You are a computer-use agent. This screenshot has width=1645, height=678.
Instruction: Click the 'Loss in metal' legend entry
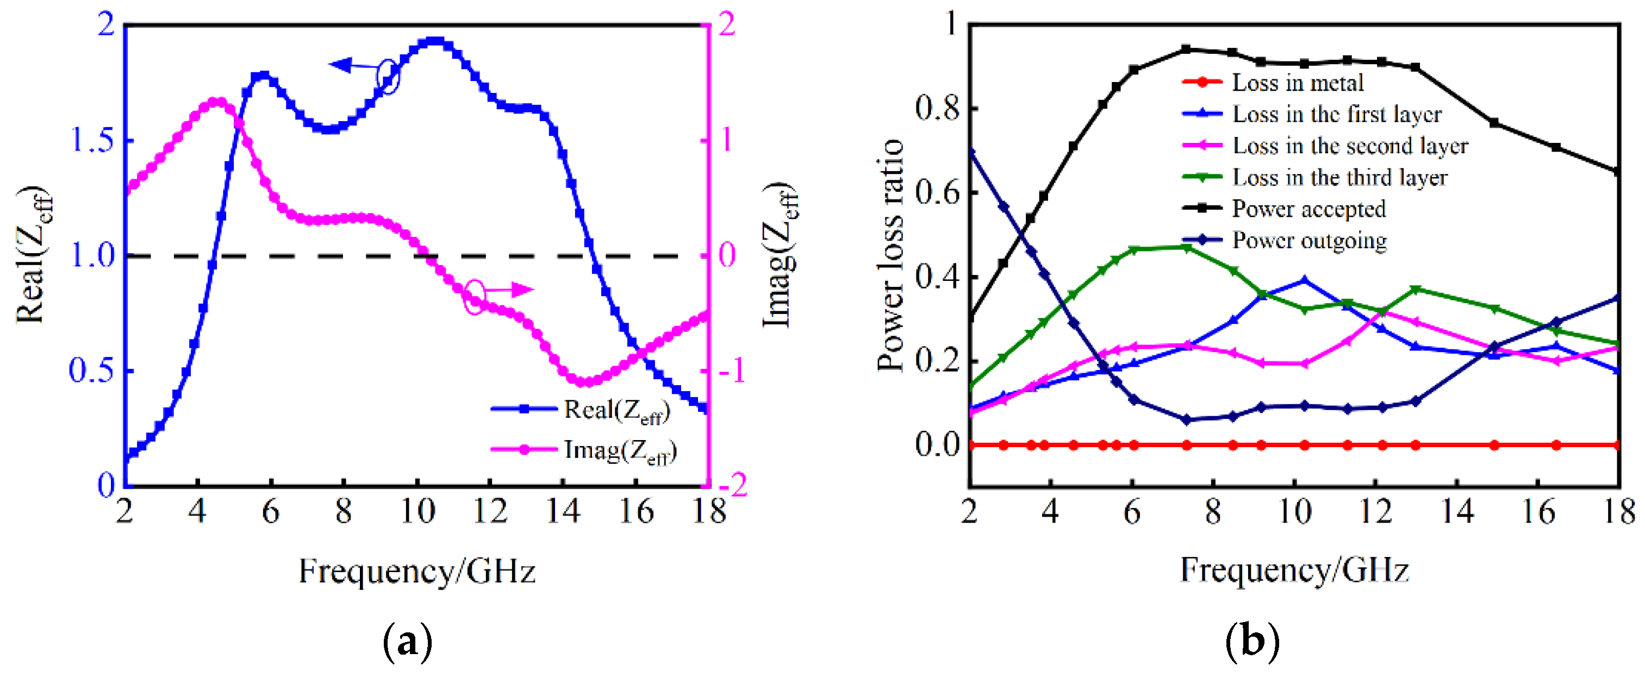point(1297,83)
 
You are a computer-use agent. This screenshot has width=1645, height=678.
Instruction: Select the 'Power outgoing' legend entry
point(1308,241)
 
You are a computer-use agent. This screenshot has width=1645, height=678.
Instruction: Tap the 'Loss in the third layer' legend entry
point(1339,178)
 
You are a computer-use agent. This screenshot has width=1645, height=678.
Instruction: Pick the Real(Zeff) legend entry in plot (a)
point(616,411)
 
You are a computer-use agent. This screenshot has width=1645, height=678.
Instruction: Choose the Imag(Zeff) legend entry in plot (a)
point(619,451)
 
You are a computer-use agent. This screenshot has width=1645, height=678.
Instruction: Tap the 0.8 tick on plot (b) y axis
point(937,108)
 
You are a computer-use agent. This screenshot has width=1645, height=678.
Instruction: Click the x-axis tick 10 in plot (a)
point(417,511)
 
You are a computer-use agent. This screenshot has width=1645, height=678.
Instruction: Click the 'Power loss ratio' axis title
point(891,255)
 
